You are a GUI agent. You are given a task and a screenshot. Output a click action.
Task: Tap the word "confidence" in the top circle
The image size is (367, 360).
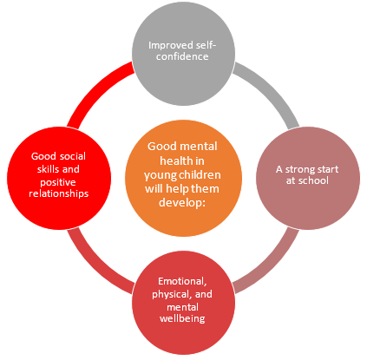click(x=182, y=56)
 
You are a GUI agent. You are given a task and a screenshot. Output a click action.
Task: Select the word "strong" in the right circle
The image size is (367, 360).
click(x=301, y=170)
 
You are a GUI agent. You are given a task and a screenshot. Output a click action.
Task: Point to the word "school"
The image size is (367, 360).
click(x=313, y=180)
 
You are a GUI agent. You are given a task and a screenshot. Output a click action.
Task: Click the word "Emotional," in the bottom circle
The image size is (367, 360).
click(x=182, y=281)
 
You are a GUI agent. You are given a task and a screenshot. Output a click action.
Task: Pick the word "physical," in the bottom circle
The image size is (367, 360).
click(x=172, y=295)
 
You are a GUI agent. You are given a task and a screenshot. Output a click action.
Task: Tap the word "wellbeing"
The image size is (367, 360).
click(x=182, y=318)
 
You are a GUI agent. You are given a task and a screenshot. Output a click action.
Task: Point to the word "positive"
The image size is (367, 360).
click(x=58, y=182)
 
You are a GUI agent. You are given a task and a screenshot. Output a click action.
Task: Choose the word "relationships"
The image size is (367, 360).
click(x=59, y=193)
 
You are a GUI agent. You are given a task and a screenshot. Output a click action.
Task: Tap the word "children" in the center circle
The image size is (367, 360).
click(x=201, y=175)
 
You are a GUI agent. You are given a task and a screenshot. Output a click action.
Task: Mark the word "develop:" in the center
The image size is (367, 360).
click(x=182, y=202)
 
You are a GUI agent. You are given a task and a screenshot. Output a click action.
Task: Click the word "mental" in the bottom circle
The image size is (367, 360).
click(x=182, y=307)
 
